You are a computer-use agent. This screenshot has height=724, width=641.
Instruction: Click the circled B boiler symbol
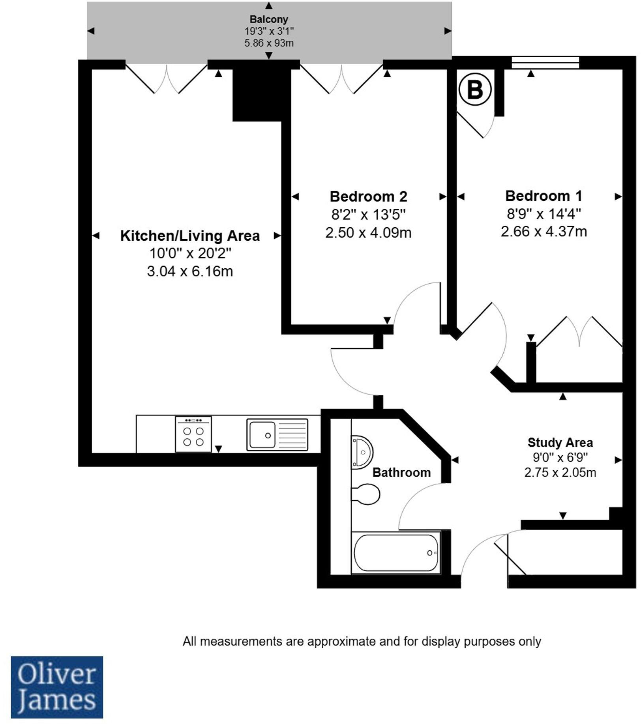(x=475, y=90)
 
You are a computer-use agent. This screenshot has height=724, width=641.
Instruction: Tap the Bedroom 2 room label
(x=368, y=196)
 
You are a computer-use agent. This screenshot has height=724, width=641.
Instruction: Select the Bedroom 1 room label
(x=544, y=196)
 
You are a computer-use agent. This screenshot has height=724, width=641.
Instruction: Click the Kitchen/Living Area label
(x=190, y=236)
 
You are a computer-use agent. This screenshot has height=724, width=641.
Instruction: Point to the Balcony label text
(x=269, y=19)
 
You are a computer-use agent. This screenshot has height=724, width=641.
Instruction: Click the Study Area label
(x=560, y=442)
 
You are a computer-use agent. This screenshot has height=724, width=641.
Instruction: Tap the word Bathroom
(x=401, y=472)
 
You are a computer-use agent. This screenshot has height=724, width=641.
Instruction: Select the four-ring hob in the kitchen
(x=193, y=434)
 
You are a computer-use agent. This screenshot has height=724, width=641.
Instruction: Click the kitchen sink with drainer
(x=277, y=435)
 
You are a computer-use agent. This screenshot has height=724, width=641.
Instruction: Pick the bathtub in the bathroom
(x=396, y=553)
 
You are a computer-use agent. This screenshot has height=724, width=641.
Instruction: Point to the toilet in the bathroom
(x=366, y=494)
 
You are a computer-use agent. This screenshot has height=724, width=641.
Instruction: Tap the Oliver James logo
(x=57, y=687)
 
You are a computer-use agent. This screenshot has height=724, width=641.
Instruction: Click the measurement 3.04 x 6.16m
(x=190, y=271)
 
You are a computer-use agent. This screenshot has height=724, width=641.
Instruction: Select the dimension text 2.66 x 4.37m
(x=544, y=231)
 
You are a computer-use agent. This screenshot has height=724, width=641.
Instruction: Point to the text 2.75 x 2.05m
(x=560, y=472)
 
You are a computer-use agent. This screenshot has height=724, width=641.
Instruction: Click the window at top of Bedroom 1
(x=545, y=62)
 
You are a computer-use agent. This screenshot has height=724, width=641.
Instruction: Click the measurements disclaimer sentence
(x=361, y=642)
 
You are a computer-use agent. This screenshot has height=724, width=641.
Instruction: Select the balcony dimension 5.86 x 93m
(x=269, y=43)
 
